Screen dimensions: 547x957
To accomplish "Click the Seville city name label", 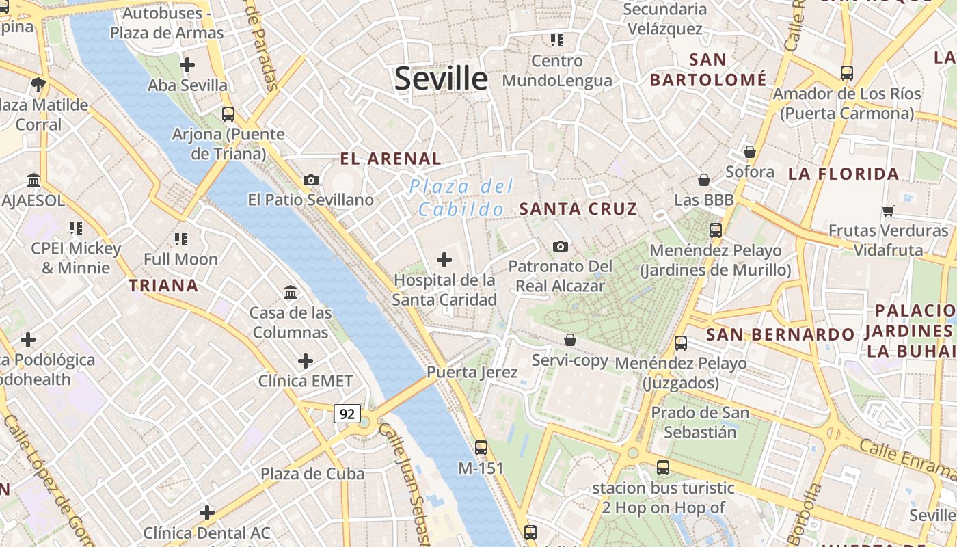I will [441, 79].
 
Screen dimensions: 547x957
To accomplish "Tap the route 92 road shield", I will [347, 414].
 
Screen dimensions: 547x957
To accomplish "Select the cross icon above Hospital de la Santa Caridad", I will [444, 260].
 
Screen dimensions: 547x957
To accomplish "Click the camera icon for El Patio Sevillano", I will [311, 180].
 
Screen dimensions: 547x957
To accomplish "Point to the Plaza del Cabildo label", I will [461, 198].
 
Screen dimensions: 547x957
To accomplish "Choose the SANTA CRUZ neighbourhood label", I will [578, 209].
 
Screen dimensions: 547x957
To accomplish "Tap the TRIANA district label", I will [164, 286].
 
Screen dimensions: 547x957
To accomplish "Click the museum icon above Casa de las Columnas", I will [291, 293].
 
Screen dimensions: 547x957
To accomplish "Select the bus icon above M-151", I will [481, 448].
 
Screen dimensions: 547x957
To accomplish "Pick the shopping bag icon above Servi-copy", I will [570, 340].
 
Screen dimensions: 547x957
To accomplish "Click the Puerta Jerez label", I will [472, 373].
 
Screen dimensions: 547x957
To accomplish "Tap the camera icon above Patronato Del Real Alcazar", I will [561, 246].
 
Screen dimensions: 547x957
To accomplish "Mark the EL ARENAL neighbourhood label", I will [391, 159].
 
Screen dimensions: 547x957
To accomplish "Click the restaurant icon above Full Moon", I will [181, 239].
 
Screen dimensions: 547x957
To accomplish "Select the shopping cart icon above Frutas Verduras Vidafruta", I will [889, 211].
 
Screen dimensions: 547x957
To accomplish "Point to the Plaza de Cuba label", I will [312, 473].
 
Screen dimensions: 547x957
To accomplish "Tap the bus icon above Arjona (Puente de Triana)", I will [228, 114].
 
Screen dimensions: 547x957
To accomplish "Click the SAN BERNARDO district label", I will [780, 334].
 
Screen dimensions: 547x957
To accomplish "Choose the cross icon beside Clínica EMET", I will [306, 360].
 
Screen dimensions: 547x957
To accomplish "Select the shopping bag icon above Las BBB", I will [704, 180].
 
